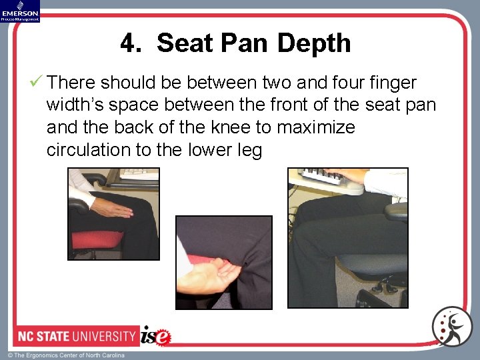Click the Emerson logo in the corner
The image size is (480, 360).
(x=20, y=11)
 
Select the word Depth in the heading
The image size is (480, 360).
(x=314, y=44)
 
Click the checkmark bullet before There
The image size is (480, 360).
(x=37, y=83)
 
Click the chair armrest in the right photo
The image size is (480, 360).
(x=396, y=211)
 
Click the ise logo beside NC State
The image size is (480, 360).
(x=156, y=335)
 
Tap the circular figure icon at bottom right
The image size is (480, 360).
(x=451, y=327)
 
